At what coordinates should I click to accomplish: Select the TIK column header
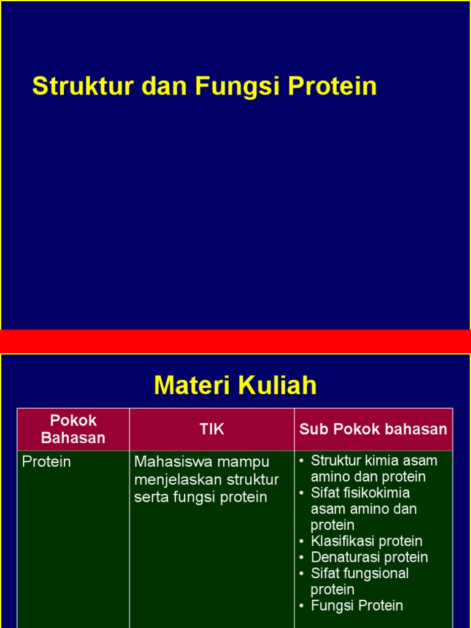click(212, 429)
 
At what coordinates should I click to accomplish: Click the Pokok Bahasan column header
click(73, 429)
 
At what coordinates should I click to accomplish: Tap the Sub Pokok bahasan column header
click(373, 429)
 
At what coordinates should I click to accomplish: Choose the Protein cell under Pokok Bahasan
click(47, 462)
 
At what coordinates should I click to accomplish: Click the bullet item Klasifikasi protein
click(366, 542)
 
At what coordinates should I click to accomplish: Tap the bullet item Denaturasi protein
click(369, 557)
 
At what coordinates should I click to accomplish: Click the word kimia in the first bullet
click(384, 461)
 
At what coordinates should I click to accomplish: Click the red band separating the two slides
click(235, 341)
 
